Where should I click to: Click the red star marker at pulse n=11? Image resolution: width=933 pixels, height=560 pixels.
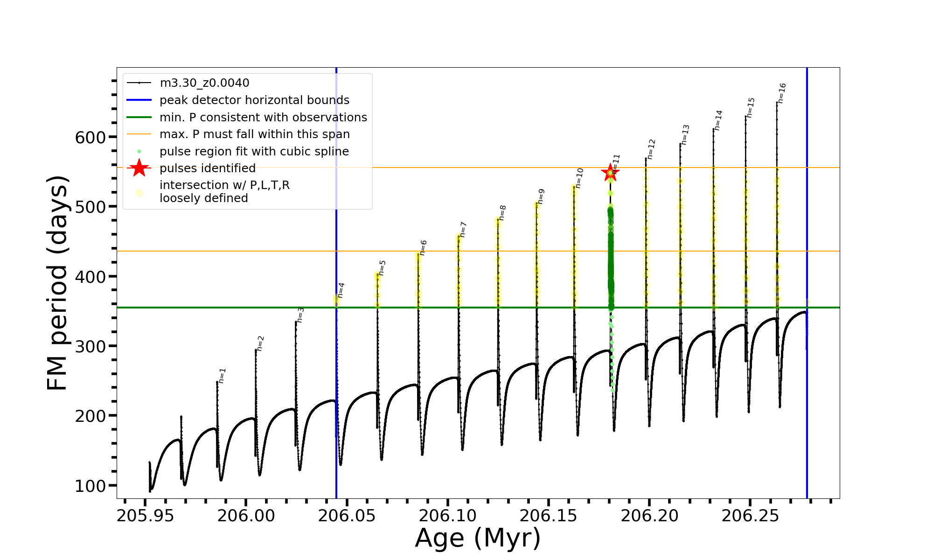tap(610, 173)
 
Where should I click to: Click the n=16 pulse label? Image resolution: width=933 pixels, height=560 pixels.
tap(782, 93)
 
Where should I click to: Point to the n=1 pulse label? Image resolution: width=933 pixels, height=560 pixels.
tap(223, 376)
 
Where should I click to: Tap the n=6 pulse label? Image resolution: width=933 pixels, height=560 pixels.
tap(423, 248)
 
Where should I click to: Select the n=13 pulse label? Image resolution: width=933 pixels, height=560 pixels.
tap(685, 135)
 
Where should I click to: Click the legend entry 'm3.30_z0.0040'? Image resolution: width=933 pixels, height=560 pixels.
tap(204, 83)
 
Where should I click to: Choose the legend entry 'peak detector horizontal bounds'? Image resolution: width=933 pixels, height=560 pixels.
tap(254, 100)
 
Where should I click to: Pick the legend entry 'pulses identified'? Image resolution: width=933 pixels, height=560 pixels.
tap(208, 168)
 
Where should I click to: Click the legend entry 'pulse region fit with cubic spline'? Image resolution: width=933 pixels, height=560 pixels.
tap(254, 152)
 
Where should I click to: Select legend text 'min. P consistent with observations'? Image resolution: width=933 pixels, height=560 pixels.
tap(263, 118)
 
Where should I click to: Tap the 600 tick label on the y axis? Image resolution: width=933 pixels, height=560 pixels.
tap(91, 137)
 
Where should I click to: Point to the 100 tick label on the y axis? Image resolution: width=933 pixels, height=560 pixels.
tap(91, 486)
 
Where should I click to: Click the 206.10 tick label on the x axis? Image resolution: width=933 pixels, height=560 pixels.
tap(448, 516)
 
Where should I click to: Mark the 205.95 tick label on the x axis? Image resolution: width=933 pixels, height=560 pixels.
tap(146, 516)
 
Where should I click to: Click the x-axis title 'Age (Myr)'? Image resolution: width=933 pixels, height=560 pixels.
tap(478, 538)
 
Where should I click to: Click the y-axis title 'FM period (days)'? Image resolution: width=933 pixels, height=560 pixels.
tap(58, 283)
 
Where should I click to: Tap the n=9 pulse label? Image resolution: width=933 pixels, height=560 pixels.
tap(541, 196)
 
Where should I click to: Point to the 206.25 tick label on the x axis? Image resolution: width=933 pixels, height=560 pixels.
tap(750, 516)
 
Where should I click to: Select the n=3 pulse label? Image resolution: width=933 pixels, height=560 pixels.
tap(301, 315)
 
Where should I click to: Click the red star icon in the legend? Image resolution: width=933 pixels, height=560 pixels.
tap(139, 168)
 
